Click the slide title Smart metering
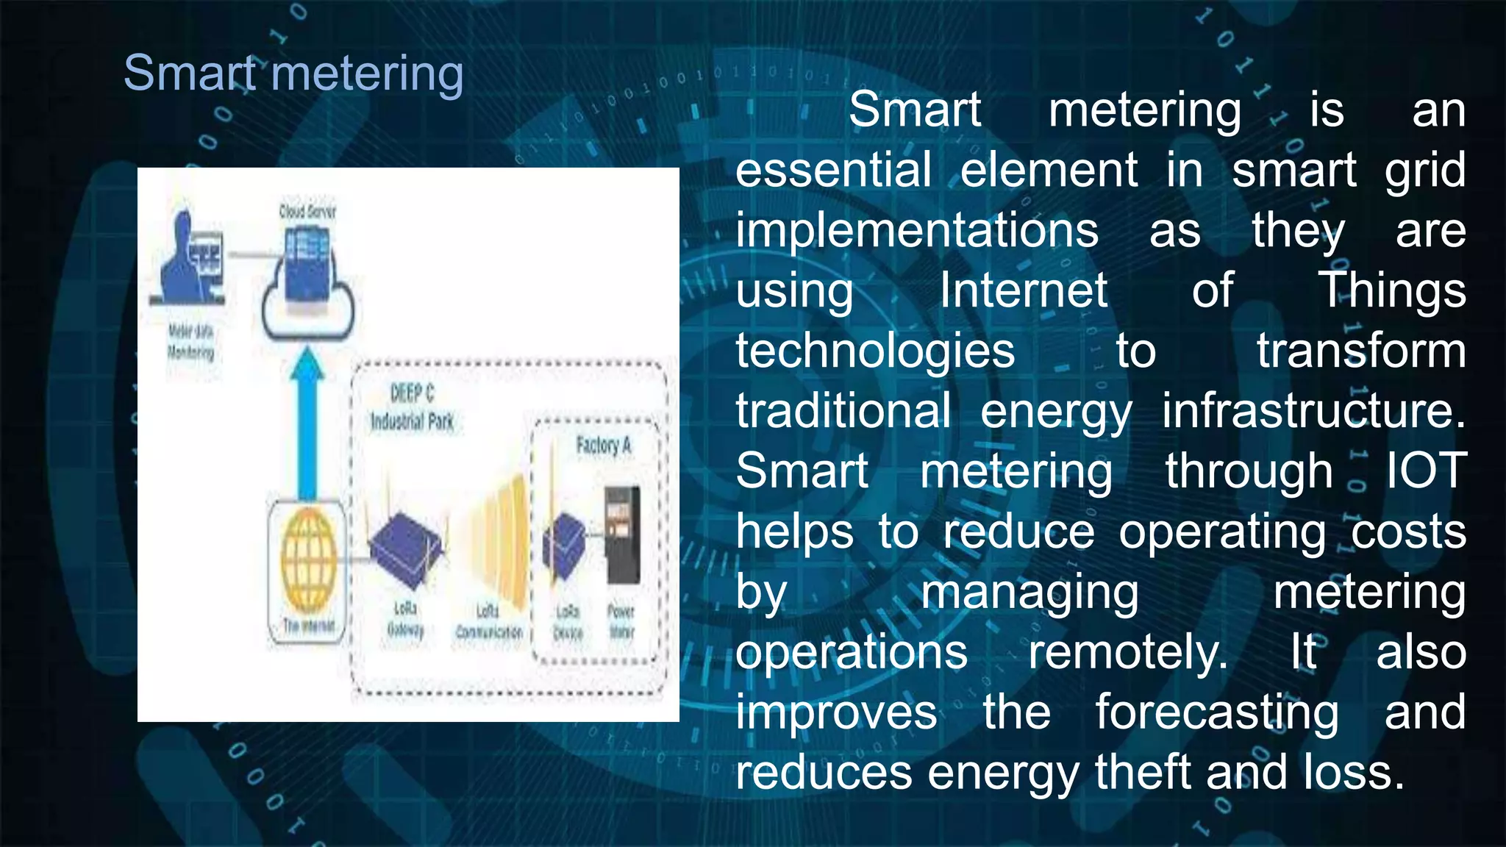point(293,74)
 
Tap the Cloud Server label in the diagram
point(307,212)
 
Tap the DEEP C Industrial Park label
point(412,407)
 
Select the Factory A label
point(604,446)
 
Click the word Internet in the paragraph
point(1023,290)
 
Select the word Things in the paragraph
point(1391,290)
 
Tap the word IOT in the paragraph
point(1426,471)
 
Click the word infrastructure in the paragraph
point(1313,411)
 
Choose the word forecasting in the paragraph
point(1217,712)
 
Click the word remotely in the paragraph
point(1127,652)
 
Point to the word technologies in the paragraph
point(875,351)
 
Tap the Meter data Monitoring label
point(190,342)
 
